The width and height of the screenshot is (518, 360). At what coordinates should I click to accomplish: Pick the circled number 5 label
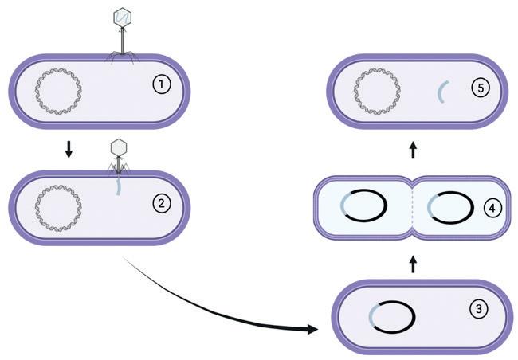[x=478, y=88]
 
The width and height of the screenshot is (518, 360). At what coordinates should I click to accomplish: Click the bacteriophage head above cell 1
[x=123, y=16]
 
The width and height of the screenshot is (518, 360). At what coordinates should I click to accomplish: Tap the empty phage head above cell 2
[x=118, y=147]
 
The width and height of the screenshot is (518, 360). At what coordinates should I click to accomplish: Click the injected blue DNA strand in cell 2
[x=118, y=185]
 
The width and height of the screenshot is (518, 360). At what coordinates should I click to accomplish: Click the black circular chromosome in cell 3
[x=391, y=318]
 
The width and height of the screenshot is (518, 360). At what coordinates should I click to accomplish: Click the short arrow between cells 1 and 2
[x=69, y=150]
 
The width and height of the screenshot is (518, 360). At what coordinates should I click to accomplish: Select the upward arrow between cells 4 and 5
[x=412, y=149]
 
